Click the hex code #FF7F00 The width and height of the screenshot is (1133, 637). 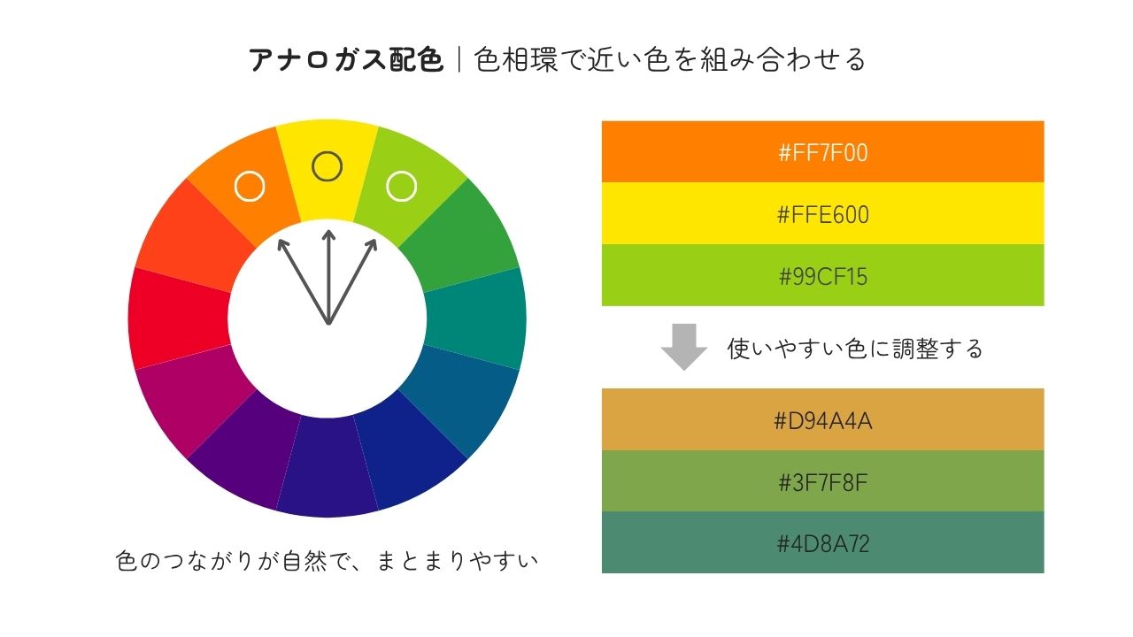click(x=823, y=153)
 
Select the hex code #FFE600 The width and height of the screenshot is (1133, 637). click(x=823, y=215)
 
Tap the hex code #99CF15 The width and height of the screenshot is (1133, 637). click(x=823, y=277)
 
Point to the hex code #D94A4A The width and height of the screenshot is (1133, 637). click(x=823, y=420)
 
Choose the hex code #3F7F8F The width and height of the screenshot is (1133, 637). click(x=823, y=482)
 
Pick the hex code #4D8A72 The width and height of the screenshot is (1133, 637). click(x=823, y=544)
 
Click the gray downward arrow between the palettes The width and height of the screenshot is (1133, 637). click(x=684, y=347)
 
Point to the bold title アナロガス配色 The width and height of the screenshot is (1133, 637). click(x=346, y=59)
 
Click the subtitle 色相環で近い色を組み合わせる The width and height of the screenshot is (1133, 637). click(x=670, y=59)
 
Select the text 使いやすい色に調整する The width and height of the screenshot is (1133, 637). click(x=855, y=349)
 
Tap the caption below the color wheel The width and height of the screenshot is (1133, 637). click(x=328, y=560)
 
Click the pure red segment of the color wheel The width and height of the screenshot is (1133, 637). click(x=180, y=318)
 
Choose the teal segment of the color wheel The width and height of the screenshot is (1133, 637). click(x=475, y=318)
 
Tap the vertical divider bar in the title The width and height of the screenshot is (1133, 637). click(x=459, y=59)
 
